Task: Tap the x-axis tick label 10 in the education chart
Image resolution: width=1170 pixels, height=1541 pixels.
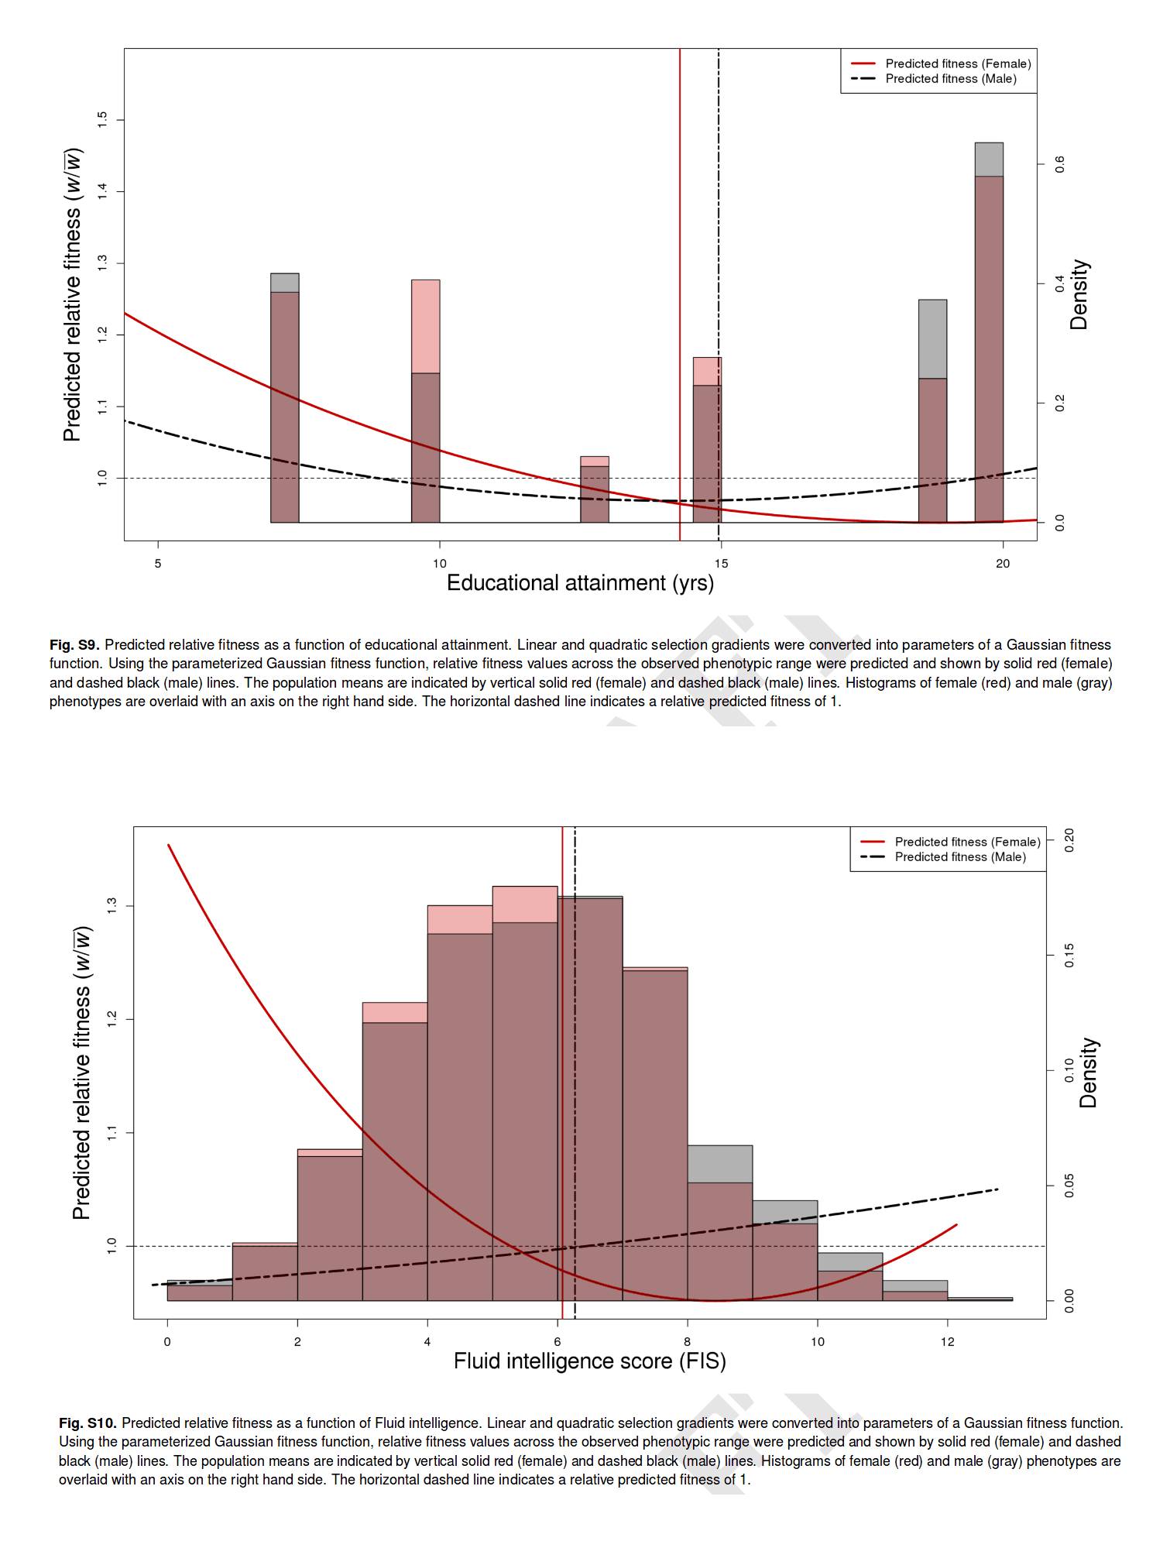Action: pos(440,564)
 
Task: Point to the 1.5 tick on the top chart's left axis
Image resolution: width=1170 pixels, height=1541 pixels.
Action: pos(102,119)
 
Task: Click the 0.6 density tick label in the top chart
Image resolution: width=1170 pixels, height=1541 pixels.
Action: pos(1060,164)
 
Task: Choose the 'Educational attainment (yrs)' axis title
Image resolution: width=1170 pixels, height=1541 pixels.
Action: pos(580,583)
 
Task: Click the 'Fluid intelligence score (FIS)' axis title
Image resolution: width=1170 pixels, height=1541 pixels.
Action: pos(589,1361)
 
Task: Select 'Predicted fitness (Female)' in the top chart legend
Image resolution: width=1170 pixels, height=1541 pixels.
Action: pos(958,63)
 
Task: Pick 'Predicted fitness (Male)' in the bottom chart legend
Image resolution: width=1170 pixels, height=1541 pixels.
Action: pos(960,857)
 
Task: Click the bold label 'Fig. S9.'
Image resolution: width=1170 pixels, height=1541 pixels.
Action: pos(74,645)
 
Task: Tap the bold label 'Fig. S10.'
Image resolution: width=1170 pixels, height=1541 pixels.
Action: pos(87,1423)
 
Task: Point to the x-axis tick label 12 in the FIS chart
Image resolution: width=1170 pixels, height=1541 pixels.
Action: pos(948,1342)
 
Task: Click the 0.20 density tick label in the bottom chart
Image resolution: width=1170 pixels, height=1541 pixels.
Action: pos(1069,840)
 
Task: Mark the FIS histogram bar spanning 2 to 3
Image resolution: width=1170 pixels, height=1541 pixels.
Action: pos(330,1227)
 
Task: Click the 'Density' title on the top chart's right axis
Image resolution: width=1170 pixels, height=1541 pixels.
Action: pos(1079,294)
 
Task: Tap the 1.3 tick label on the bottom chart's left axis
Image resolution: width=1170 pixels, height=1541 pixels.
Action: pos(112,905)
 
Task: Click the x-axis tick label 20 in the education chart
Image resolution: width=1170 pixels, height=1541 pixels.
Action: pos(1003,564)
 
